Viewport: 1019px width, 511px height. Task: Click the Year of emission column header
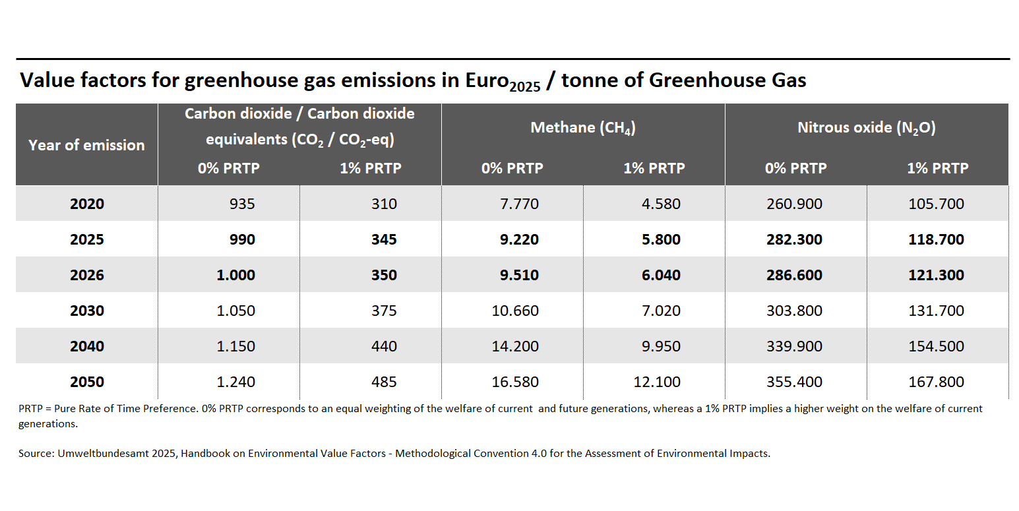click(86, 145)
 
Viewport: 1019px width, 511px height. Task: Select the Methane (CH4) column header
click(583, 128)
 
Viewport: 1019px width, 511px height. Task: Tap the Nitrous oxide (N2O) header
click(867, 128)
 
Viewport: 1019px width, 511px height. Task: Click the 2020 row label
click(87, 204)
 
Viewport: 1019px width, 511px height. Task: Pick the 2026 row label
click(87, 275)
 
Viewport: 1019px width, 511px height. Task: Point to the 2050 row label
click(87, 382)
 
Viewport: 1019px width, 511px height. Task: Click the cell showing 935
click(242, 204)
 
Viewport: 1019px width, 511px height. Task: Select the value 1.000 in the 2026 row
click(235, 275)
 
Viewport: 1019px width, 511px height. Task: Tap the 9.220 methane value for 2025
click(519, 239)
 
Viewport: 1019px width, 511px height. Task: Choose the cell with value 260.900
click(794, 204)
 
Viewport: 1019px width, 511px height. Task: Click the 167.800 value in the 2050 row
click(936, 382)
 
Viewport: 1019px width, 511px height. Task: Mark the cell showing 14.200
click(515, 346)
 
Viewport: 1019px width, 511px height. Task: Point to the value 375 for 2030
click(384, 311)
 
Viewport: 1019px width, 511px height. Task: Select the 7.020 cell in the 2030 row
click(661, 311)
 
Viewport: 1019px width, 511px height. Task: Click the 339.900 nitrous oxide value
click(794, 346)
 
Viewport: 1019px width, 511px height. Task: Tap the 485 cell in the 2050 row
click(384, 382)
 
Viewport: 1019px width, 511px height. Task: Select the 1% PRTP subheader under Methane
click(654, 168)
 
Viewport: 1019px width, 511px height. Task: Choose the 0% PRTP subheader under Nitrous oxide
click(795, 168)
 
